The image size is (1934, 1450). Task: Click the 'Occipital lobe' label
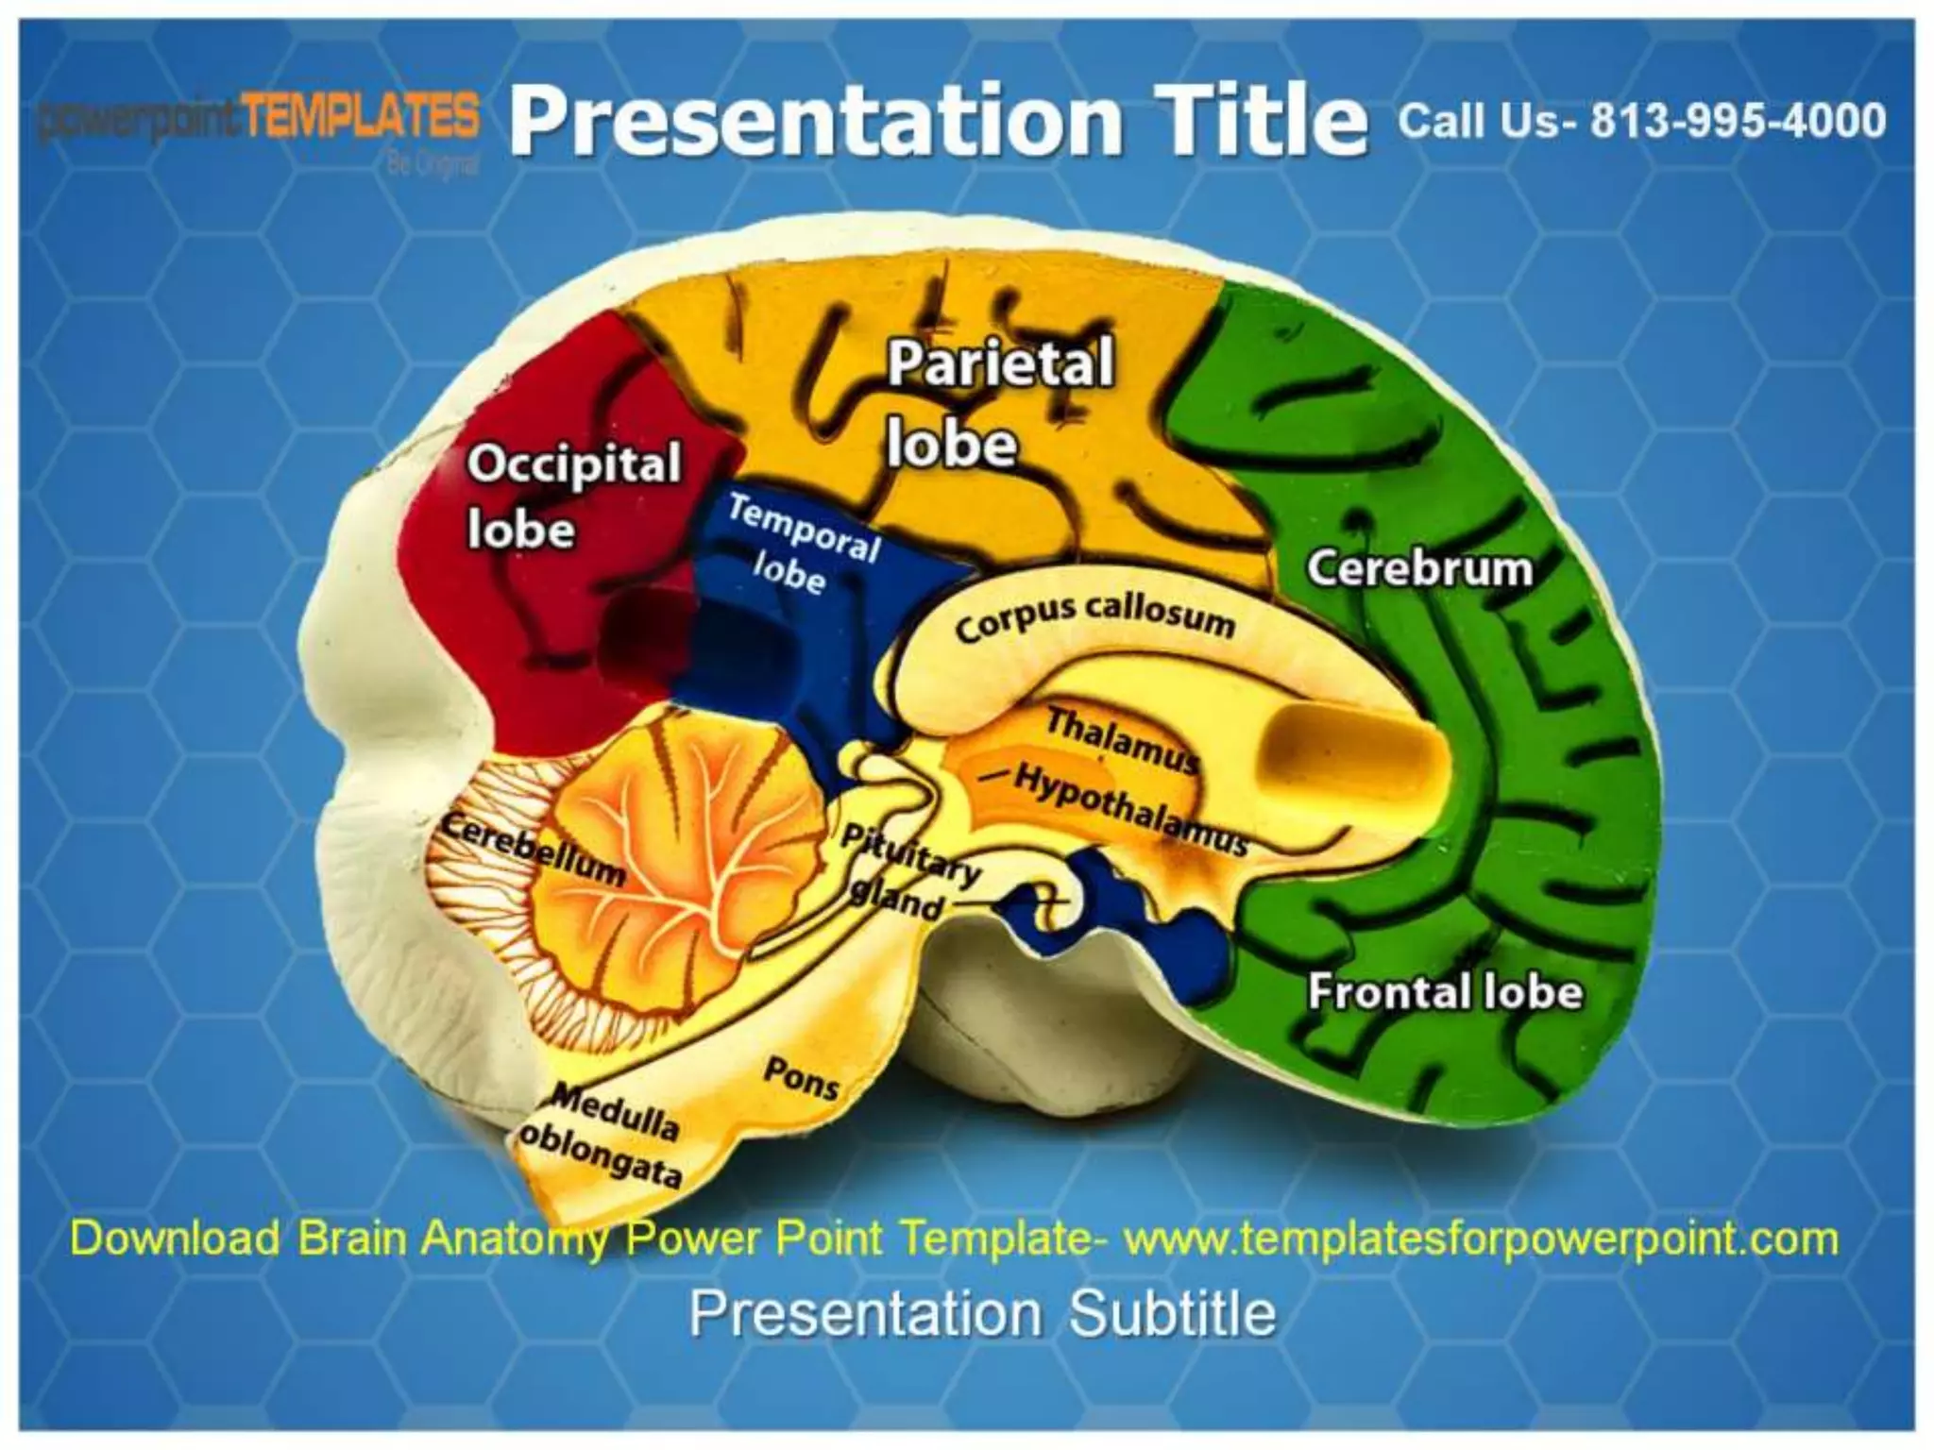click(572, 496)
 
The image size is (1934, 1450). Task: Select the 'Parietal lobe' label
click(999, 403)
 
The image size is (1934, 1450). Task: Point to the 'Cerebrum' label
click(1418, 569)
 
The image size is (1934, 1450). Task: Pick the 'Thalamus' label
click(1121, 739)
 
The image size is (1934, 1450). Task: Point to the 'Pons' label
click(801, 1077)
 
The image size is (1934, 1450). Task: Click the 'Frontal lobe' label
click(1444, 992)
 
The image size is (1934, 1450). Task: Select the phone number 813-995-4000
click(1738, 121)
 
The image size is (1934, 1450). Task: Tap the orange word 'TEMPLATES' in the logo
click(359, 118)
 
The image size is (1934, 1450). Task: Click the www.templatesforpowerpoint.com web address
click(1481, 1239)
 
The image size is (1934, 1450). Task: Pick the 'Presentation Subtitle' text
click(982, 1313)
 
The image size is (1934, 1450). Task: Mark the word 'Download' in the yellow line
click(176, 1239)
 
